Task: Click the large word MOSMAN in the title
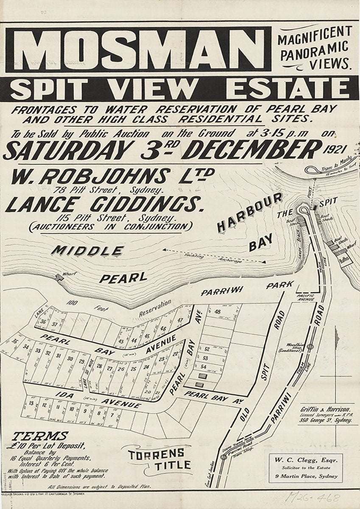pyautogui.click(x=138, y=49)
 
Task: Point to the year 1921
pyautogui.click(x=336, y=149)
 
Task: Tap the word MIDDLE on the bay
pyautogui.click(x=87, y=251)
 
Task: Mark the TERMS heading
pyautogui.click(x=40, y=436)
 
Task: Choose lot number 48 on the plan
pyautogui.click(x=218, y=312)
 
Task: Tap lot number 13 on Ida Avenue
pyautogui.click(x=31, y=403)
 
